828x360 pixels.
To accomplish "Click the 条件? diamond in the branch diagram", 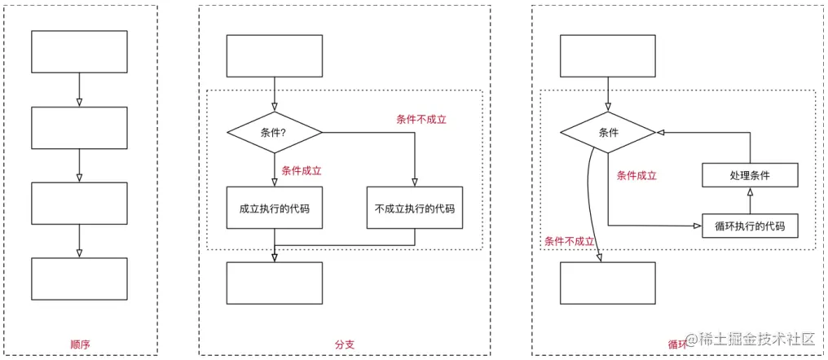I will pyautogui.click(x=274, y=132).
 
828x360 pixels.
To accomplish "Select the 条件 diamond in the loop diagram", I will pyautogui.click(x=608, y=132).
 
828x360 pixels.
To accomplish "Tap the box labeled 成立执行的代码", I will pyautogui.click(x=274, y=209).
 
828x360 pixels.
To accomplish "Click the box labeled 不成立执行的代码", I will pyautogui.click(x=415, y=209).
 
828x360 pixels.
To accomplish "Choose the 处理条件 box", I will pyautogui.click(x=749, y=175).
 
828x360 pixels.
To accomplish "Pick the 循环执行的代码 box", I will pyautogui.click(x=749, y=226).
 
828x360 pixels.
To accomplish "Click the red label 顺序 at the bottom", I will pyautogui.click(x=79, y=345).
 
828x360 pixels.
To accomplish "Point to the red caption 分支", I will pyautogui.click(x=344, y=345).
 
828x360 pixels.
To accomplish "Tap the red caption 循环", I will pyautogui.click(x=677, y=345).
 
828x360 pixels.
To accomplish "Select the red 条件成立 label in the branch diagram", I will pyautogui.click(x=302, y=171).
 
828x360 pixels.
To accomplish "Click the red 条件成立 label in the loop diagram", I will pyautogui.click(x=636, y=175).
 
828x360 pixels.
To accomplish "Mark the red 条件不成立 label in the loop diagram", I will pyautogui.click(x=569, y=241).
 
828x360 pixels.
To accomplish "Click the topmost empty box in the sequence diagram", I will pyautogui.click(x=79, y=51).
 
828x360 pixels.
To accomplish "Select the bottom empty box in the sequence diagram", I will pyautogui.click(x=79, y=279).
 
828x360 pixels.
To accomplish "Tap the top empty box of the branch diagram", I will pyautogui.click(x=274, y=55).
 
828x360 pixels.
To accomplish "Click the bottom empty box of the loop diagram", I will pyautogui.click(x=608, y=283).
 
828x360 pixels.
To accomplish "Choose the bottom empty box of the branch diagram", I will pyautogui.click(x=274, y=283).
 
